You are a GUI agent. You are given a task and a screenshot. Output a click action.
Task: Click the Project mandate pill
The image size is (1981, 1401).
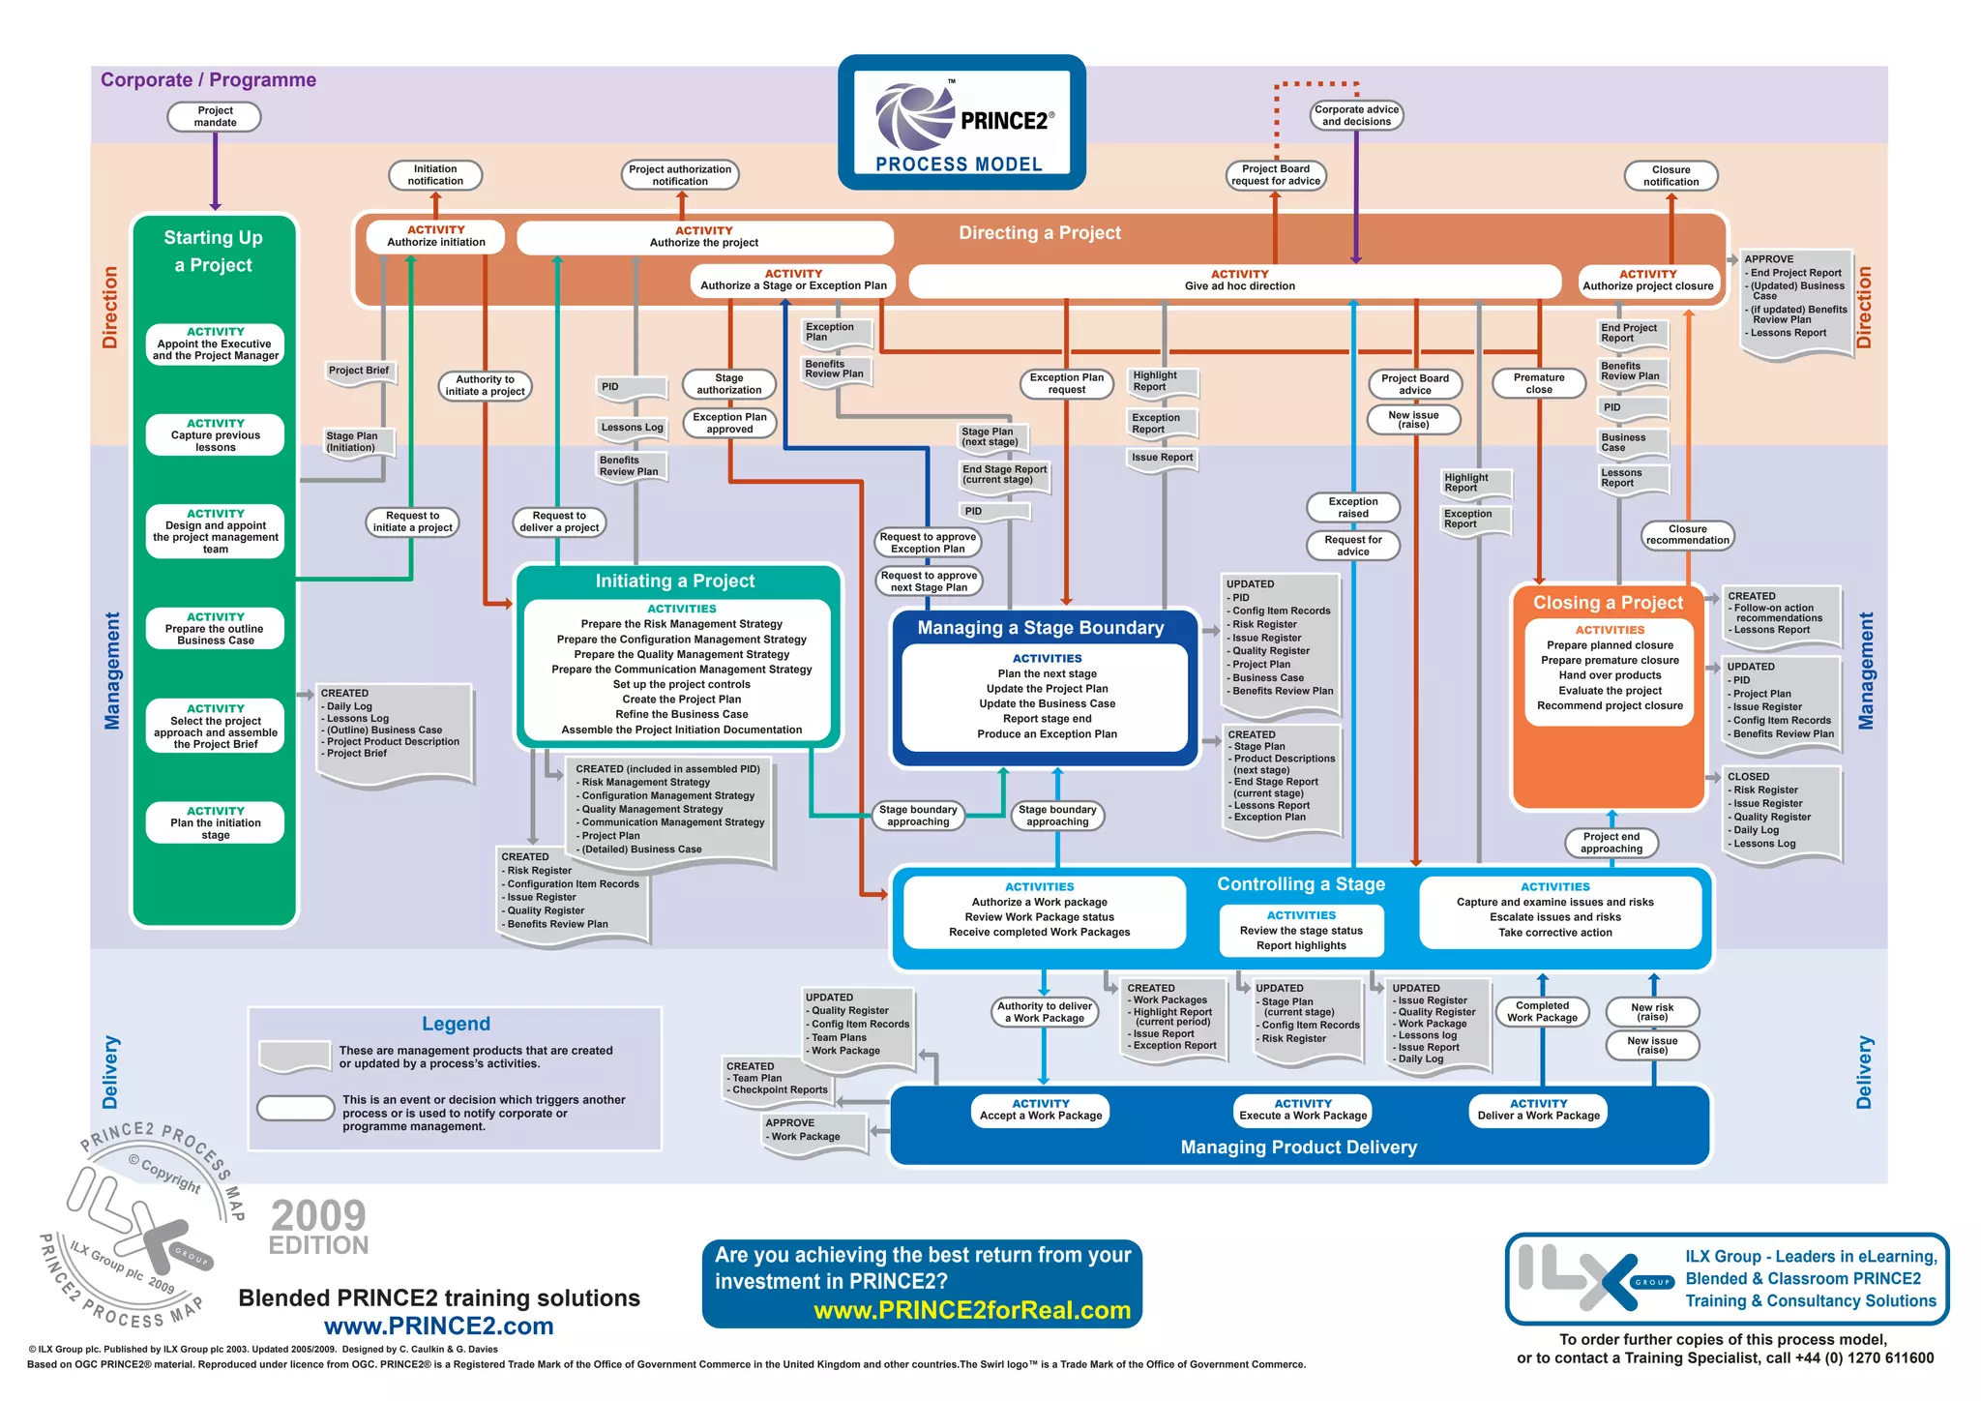pos(215,117)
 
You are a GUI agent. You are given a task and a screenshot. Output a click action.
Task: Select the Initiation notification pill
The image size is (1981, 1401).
pos(435,175)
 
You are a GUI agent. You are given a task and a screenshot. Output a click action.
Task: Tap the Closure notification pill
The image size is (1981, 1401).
pos(1671,176)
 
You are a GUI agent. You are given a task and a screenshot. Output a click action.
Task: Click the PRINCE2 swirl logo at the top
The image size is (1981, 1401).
pos(914,118)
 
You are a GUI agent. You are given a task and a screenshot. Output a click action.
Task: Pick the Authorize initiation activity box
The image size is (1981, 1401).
pos(436,237)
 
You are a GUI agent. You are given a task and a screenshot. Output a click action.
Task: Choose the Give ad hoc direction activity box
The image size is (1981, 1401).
pos(1239,281)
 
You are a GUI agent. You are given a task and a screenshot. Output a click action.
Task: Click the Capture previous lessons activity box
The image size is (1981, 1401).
pos(216,435)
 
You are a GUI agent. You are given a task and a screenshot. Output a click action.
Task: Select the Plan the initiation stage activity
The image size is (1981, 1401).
pos(216,823)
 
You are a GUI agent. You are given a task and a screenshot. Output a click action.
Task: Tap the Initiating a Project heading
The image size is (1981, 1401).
pos(675,581)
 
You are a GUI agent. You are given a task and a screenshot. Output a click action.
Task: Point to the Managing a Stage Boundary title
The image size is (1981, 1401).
pos(1041,628)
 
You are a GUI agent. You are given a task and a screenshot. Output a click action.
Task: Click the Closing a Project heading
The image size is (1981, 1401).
pos(1608,603)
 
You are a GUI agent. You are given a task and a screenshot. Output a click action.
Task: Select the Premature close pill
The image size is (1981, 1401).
pos(1539,384)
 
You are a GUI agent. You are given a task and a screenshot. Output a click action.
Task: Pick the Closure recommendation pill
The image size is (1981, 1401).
pos(1688,535)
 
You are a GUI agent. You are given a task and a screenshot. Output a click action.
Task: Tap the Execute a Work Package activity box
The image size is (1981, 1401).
pos(1303,1111)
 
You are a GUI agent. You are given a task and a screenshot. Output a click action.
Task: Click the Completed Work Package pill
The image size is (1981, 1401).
pos(1543,1012)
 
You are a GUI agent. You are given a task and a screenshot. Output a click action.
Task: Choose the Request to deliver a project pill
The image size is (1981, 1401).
pos(559,522)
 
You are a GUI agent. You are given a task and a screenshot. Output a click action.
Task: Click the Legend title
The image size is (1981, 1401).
pos(456,1025)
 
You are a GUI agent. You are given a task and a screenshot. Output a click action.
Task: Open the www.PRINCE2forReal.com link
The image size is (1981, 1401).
pos(972,1311)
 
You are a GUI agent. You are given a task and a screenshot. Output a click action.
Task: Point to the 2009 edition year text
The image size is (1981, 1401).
pos(318,1216)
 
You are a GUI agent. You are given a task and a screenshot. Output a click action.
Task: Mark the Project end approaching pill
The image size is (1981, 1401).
pos(1611,843)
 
